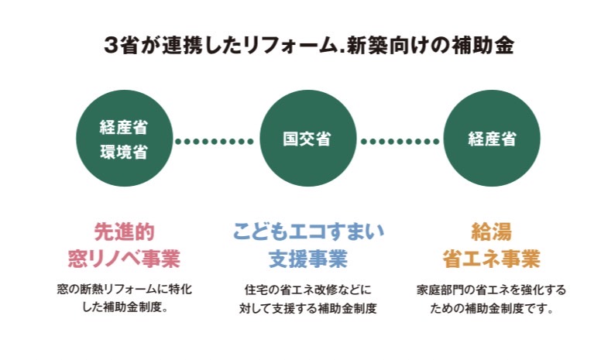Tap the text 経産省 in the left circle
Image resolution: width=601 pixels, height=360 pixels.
[124, 126]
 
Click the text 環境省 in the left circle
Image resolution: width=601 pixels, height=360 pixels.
[124, 151]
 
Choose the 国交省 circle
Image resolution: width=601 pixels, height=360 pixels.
[307, 139]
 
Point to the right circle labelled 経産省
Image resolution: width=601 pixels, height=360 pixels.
[492, 139]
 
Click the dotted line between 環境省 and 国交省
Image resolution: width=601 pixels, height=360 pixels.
[215, 141]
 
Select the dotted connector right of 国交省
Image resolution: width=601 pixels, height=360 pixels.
[399, 141]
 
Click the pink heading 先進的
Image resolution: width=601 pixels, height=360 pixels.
[124, 231]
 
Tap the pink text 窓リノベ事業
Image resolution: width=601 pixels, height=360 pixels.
[124, 257]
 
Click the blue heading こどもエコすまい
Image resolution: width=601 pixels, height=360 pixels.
[307, 231]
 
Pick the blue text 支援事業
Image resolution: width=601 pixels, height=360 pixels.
[307, 257]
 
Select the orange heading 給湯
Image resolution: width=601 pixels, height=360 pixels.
[492, 231]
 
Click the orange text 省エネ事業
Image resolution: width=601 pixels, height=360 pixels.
[492, 257]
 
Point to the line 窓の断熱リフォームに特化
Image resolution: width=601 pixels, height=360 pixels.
[124, 290]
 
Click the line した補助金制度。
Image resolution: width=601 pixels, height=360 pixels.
[124, 308]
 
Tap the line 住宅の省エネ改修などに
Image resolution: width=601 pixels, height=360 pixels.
[307, 290]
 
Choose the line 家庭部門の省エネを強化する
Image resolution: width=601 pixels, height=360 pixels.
[492, 290]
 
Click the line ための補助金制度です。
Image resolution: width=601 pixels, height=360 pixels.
[492, 308]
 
